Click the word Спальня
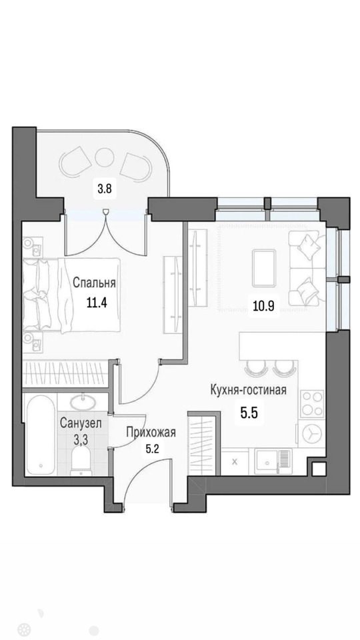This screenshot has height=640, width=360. click(x=94, y=283)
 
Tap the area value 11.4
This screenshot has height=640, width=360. click(x=96, y=303)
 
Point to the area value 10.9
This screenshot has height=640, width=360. click(x=264, y=306)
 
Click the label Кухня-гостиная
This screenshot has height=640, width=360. click(x=248, y=390)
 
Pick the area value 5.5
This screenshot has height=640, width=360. click(x=249, y=414)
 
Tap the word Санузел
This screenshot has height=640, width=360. click(x=81, y=423)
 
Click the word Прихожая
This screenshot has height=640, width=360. click(x=151, y=433)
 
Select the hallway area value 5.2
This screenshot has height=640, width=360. click(x=152, y=449)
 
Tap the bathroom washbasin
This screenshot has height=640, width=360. click(x=83, y=402)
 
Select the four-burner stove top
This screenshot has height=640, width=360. click(x=312, y=404)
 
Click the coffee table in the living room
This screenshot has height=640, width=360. click(x=264, y=269)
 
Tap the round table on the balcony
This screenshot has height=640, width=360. click(x=104, y=156)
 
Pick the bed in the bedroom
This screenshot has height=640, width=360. click(x=72, y=294)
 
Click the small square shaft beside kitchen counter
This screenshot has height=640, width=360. click(x=319, y=469)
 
